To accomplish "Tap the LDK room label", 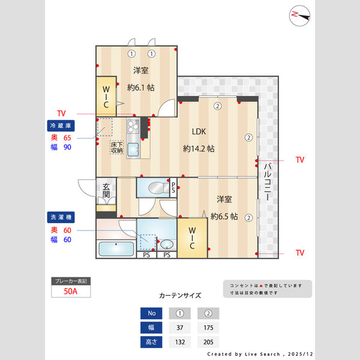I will pos(199,132).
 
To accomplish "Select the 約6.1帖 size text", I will pos(141,88).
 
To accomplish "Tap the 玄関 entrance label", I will pos(106,190).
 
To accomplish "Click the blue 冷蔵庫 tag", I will pos(61,126).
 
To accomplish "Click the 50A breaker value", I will pos(71,292).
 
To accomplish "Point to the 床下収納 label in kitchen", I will pos(117,148).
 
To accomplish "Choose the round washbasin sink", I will pos(166,245).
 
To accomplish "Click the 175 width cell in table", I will pos(208,327).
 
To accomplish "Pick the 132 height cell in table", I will pos(179,341).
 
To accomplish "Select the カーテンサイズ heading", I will pos(180,296).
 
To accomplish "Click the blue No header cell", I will pos(151,313).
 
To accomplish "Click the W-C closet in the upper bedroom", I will pos(106,94).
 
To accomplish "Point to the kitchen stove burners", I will pos(133,126).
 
